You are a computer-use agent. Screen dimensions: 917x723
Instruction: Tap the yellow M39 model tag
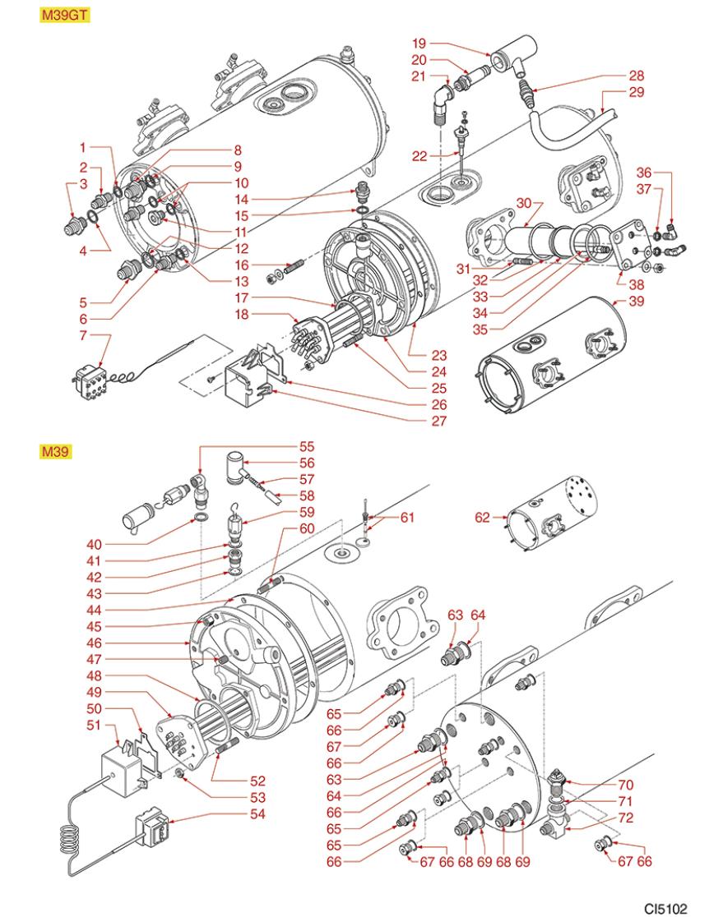[50, 451]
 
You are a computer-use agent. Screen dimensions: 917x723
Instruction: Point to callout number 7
[81, 335]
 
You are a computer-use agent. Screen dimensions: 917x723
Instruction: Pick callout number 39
[637, 302]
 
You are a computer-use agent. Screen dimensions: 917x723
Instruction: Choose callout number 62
[484, 517]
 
